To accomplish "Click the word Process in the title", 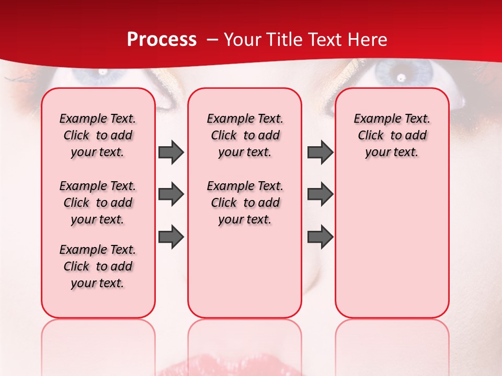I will [162, 40].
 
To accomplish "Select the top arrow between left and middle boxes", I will [171, 152].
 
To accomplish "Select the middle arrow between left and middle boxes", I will [171, 194].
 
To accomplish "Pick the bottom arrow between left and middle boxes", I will [171, 237].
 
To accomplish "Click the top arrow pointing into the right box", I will [320, 152].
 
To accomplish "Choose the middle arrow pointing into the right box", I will [320, 194].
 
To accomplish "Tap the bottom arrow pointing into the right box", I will [320, 237].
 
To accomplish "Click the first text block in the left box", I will [98, 135].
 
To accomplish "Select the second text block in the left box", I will [98, 203].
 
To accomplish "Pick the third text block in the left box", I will [98, 266].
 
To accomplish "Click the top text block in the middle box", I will [245, 135].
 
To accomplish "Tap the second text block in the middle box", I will [245, 203].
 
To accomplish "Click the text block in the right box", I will [392, 135].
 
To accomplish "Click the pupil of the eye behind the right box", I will [401, 77].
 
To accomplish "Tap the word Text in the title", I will [318, 40].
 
